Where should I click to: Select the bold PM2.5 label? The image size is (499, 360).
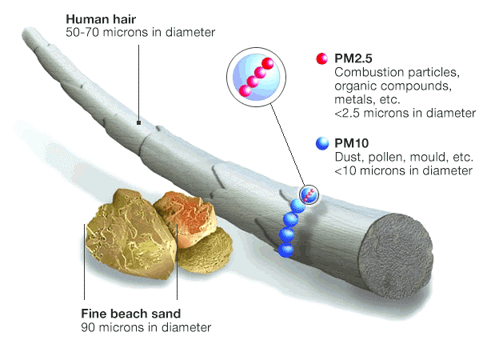click(354, 59)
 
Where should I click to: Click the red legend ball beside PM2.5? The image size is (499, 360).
click(322, 59)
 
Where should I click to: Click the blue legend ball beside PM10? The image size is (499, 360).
click(322, 143)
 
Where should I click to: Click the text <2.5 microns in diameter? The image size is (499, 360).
click(405, 114)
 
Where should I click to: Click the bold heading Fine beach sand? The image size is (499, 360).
click(131, 313)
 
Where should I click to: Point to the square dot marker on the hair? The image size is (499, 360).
click(139, 123)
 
